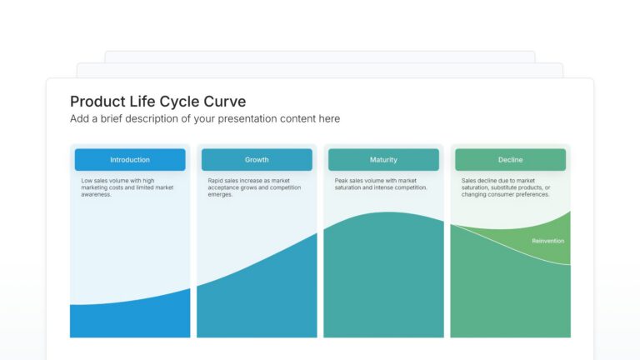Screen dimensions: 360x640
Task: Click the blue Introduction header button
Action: [130, 159]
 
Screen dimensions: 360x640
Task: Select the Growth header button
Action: [257, 159]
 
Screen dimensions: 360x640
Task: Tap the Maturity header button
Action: [383, 159]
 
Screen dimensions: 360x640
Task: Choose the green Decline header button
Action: [510, 159]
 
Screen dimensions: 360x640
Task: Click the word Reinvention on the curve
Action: [547, 241]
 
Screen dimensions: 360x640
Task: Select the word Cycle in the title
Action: [178, 102]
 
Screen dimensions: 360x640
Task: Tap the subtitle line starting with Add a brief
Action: [204, 119]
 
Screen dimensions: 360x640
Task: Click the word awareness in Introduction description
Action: [96, 194]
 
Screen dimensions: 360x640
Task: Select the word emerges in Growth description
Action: [221, 194]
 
